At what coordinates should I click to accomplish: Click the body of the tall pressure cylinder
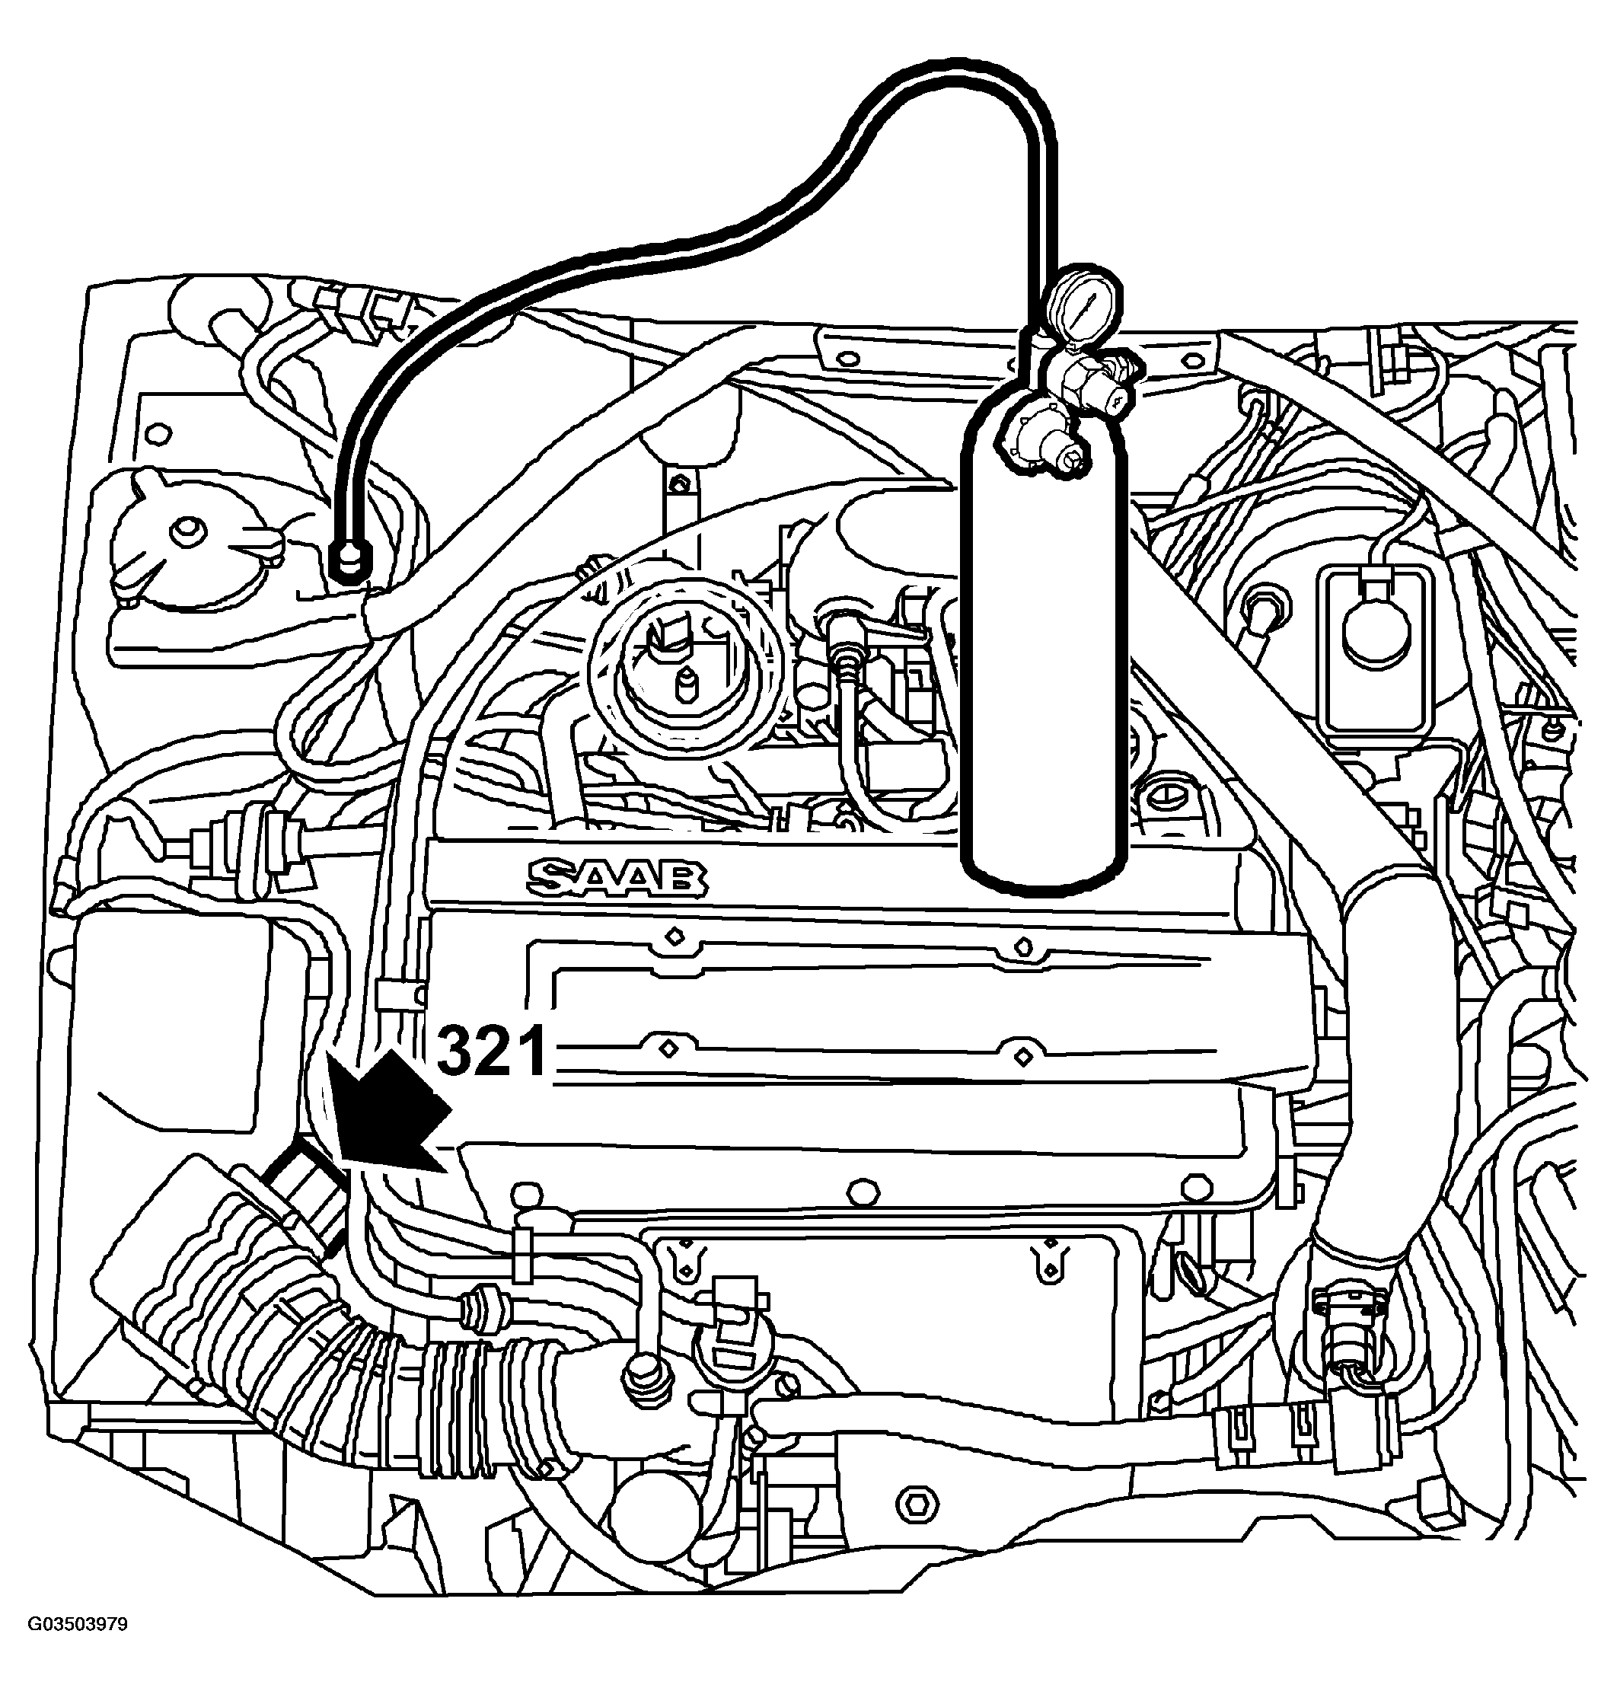tap(1044, 646)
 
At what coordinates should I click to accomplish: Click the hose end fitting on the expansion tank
tap(348, 563)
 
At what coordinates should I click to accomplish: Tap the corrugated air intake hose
tap(327, 1309)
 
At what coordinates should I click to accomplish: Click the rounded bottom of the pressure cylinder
tap(1044, 870)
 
